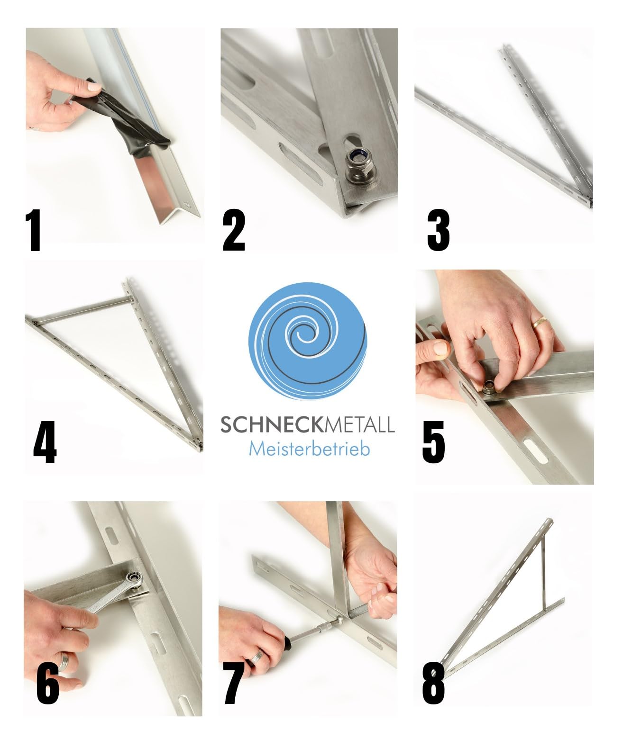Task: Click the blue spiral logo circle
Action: tap(308, 341)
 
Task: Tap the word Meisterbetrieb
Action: tap(309, 449)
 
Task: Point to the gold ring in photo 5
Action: tap(540, 323)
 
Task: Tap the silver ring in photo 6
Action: tap(64, 661)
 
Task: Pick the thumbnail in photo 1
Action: tap(94, 86)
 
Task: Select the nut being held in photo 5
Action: tap(489, 387)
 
